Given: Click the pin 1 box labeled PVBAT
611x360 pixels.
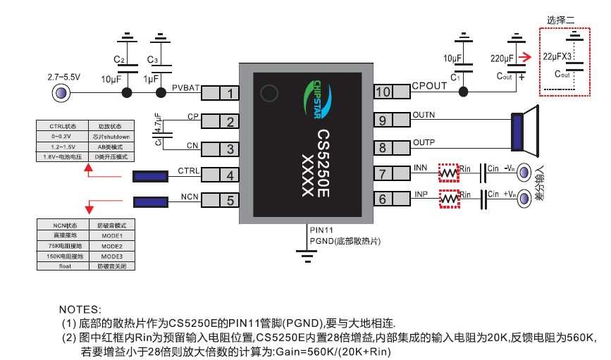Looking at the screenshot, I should pos(228,93).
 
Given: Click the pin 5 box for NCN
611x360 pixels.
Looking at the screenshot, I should pos(228,201).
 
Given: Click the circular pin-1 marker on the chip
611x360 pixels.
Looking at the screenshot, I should pos(269,93).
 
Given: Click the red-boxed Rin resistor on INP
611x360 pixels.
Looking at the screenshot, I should pos(448,199).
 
